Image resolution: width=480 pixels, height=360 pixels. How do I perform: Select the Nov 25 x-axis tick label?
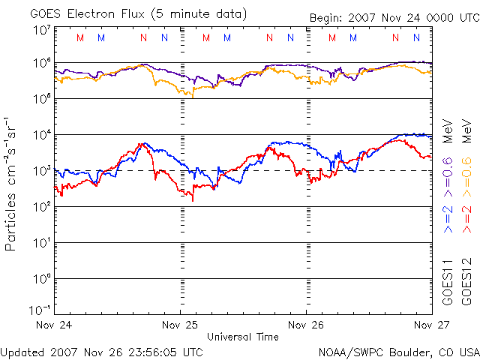[x=181, y=325]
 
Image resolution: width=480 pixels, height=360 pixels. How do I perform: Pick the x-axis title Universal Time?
[x=243, y=337]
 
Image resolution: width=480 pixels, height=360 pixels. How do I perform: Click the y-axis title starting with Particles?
[x=13, y=184]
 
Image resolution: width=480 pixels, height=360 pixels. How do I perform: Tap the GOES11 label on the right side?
[x=447, y=281]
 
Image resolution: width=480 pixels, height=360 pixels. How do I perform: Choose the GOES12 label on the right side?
[x=466, y=281]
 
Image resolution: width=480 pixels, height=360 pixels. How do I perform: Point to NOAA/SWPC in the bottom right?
[x=346, y=352]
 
